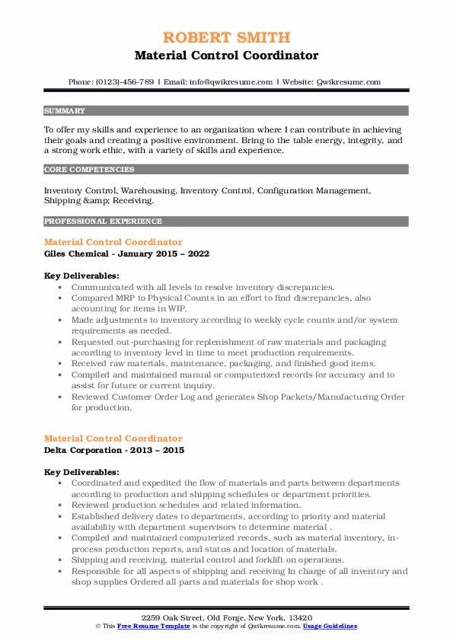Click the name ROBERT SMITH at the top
click(x=226, y=38)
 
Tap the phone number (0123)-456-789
click(x=123, y=81)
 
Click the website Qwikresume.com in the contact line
click(x=347, y=81)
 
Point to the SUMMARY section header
click(x=65, y=110)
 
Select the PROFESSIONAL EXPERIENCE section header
click(x=103, y=222)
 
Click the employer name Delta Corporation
click(x=85, y=450)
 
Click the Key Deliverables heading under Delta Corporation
click(x=81, y=472)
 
